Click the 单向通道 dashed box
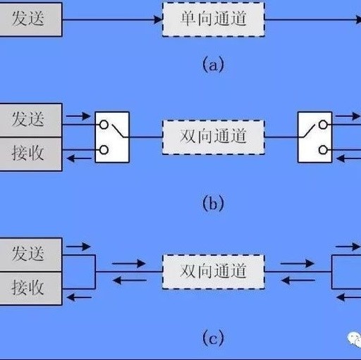[214, 20]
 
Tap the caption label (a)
[213, 65]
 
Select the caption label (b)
[213, 204]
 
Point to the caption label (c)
[213, 337]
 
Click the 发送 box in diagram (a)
[31, 20]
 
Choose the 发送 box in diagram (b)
[31, 120]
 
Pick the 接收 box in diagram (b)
[31, 154]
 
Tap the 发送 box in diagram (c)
[31, 255]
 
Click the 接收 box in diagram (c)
[31, 289]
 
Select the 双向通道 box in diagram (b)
[214, 137]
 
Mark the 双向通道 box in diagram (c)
[214, 272]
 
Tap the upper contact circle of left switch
[104, 125]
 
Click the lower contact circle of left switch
[104, 150]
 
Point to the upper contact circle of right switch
[323, 125]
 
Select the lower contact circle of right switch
[323, 150]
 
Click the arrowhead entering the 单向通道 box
[158, 20]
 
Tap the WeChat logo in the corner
[355, 338]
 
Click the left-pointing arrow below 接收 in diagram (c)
[79, 297]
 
